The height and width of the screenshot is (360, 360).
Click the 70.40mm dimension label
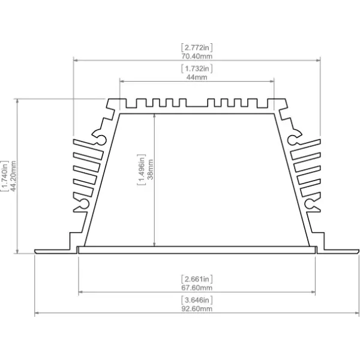coord(197,56)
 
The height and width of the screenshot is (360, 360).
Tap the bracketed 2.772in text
coord(197,47)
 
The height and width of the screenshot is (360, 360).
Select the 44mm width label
coord(197,77)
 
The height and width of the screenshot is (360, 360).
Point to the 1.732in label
coord(197,68)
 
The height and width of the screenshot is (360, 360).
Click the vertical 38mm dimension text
coord(150,169)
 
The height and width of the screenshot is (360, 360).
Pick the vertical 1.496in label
coord(142,170)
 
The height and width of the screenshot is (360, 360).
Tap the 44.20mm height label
coord(13,176)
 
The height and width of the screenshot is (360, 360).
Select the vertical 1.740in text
coord(5,176)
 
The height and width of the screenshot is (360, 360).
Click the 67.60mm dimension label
coord(197,287)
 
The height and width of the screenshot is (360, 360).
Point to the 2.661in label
coord(197,279)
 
